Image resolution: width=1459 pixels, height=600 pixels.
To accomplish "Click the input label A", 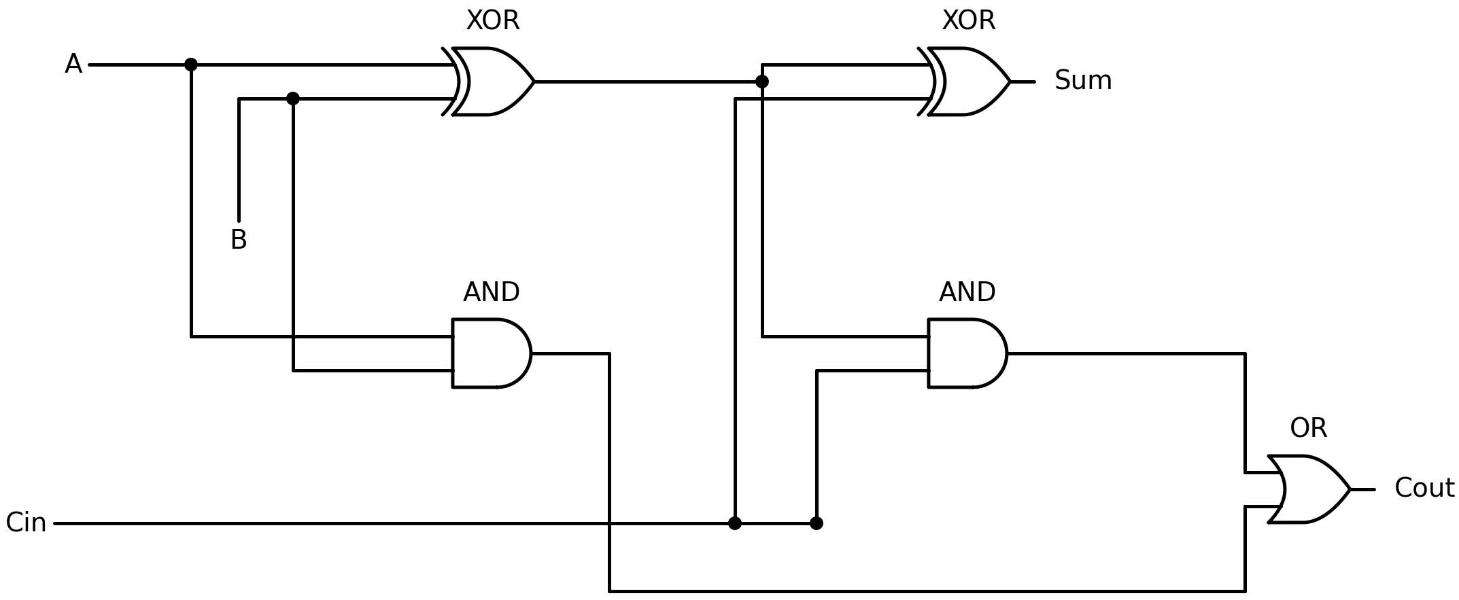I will click(x=73, y=65).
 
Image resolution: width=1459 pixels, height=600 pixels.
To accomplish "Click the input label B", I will click(x=239, y=240).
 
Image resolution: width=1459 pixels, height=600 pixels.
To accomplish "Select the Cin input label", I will click(x=26, y=523).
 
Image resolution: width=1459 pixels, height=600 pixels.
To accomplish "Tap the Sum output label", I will click(x=1082, y=81).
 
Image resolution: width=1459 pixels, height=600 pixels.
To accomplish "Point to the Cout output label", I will click(x=1424, y=489).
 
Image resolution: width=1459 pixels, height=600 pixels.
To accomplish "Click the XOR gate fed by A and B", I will click(x=492, y=82).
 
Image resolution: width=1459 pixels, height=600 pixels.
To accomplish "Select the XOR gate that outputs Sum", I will click(x=968, y=82).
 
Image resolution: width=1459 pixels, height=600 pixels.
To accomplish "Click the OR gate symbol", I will click(x=1308, y=489).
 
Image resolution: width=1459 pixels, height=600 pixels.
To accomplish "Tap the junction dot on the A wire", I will click(x=191, y=65).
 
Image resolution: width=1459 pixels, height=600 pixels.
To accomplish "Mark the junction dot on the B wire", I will click(x=293, y=99).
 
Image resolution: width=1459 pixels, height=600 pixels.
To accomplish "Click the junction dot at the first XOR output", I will click(x=762, y=82).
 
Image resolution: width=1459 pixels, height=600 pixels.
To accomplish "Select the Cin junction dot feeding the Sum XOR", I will click(x=735, y=523).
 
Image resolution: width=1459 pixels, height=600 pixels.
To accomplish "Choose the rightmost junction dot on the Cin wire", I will click(x=817, y=523).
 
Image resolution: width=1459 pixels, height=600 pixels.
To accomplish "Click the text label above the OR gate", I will click(x=1308, y=428).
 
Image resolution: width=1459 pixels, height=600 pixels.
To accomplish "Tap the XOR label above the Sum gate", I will click(x=968, y=21).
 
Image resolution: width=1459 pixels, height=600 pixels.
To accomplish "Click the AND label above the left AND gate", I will click(x=491, y=293).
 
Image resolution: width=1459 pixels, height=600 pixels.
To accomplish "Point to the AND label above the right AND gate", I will click(x=967, y=293).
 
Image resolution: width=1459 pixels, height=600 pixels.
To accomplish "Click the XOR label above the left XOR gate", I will click(x=492, y=21).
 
